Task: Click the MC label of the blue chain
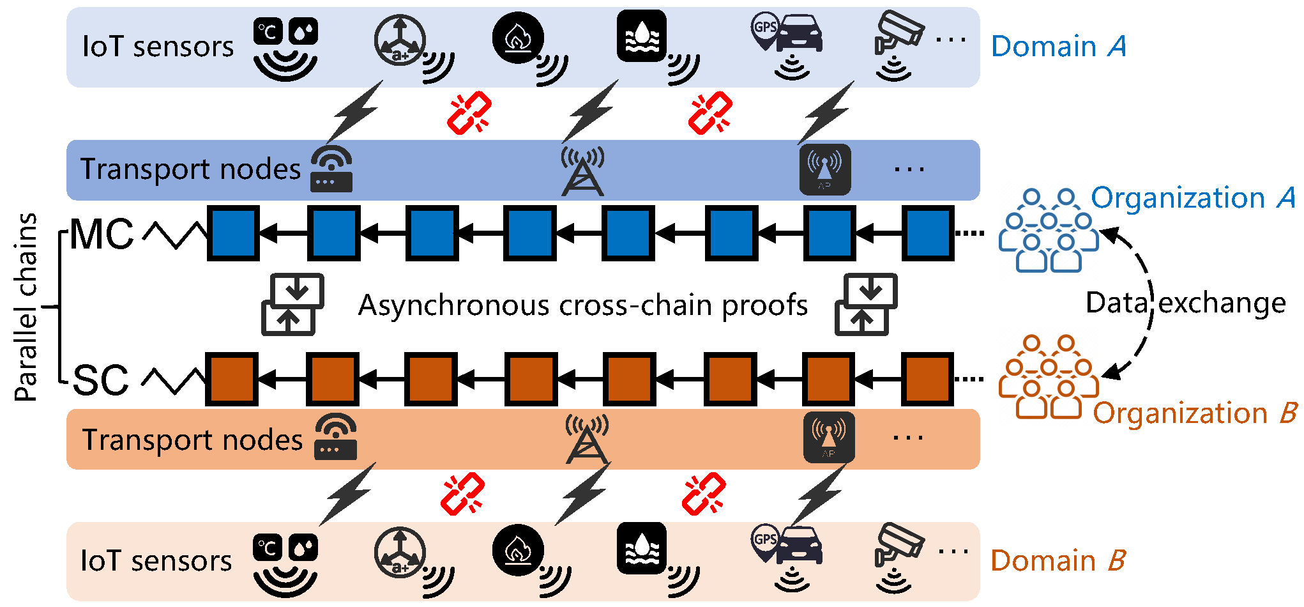(x=102, y=234)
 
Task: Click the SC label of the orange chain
(x=101, y=380)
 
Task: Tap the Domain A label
(x=1058, y=47)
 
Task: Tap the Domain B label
(x=1058, y=561)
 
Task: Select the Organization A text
(x=1192, y=198)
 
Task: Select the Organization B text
(x=1194, y=413)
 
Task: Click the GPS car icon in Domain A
(x=787, y=38)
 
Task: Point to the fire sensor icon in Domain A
(x=519, y=38)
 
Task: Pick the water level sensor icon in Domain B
(x=642, y=548)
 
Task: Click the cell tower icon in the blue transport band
(x=582, y=171)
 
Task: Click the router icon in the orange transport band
(x=335, y=437)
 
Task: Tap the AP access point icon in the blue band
(x=825, y=169)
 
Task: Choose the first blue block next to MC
(x=234, y=233)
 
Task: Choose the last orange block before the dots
(x=927, y=379)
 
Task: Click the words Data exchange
(x=1185, y=303)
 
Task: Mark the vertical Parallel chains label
(x=26, y=307)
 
